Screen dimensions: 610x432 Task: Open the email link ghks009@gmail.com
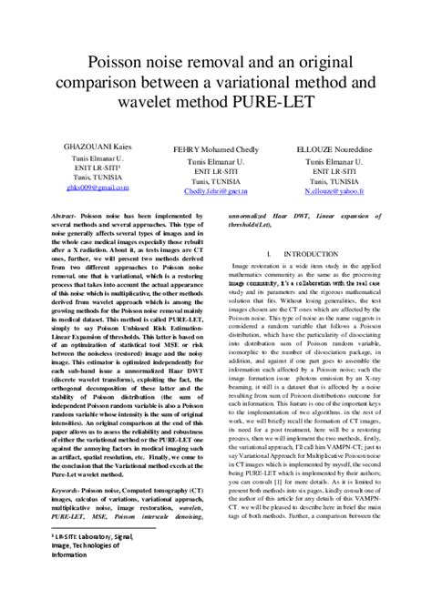click(x=98, y=187)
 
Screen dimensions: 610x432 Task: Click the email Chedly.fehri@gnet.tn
click(x=216, y=192)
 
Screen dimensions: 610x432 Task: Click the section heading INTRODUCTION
click(x=313, y=253)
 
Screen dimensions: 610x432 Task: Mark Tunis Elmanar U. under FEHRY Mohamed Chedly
click(x=217, y=159)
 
